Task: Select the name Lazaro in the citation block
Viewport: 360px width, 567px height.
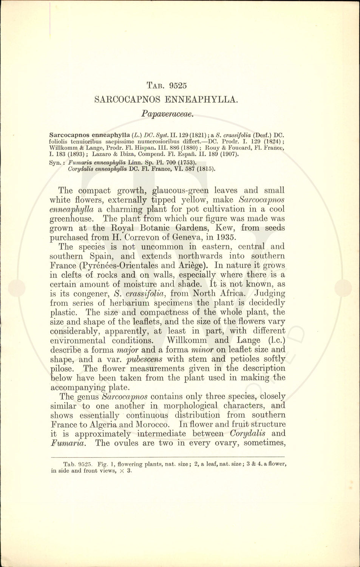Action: pos(102,154)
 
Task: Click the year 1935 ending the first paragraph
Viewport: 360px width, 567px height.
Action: pos(225,237)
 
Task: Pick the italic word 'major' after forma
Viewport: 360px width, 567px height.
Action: pos(128,350)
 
